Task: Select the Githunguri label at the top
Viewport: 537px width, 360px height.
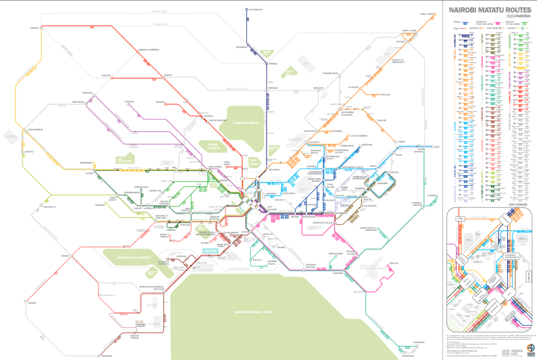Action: click(255, 9)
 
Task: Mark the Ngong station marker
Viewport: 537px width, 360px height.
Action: click(25, 302)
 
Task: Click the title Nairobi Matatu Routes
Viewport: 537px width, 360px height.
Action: click(488, 9)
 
